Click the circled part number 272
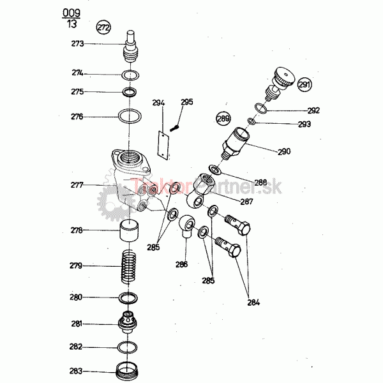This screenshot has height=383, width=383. pos(103,27)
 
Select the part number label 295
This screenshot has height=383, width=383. pos(186,101)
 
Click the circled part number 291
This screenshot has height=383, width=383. pos(304,84)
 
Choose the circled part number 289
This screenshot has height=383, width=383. pos(222,118)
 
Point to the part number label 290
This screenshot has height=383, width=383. pos(284,151)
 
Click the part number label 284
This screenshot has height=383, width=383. pos(253,302)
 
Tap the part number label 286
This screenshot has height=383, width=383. pos(182,264)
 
